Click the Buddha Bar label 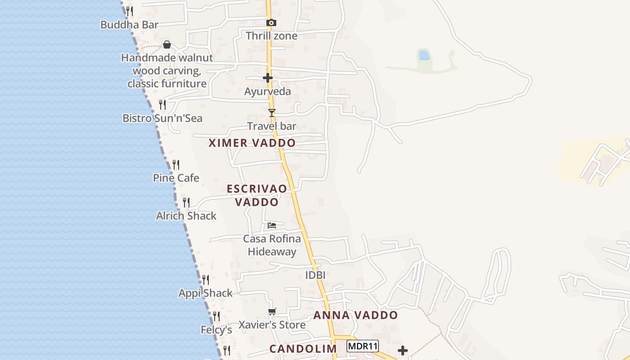pyautogui.click(x=129, y=25)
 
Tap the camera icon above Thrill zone pyautogui.click(x=271, y=22)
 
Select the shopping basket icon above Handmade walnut pyautogui.click(x=167, y=45)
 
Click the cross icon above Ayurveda pyautogui.click(x=268, y=78)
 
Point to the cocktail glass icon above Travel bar pyautogui.click(x=271, y=112)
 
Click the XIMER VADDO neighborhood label pyautogui.click(x=252, y=143)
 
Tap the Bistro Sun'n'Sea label pyautogui.click(x=162, y=118)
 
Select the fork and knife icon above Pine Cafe pyautogui.click(x=176, y=165)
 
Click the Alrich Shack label pyautogui.click(x=186, y=216)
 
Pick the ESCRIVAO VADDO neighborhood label pyautogui.click(x=257, y=195)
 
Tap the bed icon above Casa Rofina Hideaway pyautogui.click(x=272, y=225)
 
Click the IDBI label pyautogui.click(x=315, y=275)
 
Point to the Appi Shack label pyautogui.click(x=206, y=293)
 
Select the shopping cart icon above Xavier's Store pyautogui.click(x=272, y=311)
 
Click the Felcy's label pyautogui.click(x=216, y=330)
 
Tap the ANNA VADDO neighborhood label pyautogui.click(x=355, y=315)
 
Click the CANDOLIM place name pyautogui.click(x=303, y=349)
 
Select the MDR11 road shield pyautogui.click(x=363, y=346)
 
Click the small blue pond pyautogui.click(x=423, y=55)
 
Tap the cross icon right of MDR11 pyautogui.click(x=403, y=350)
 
